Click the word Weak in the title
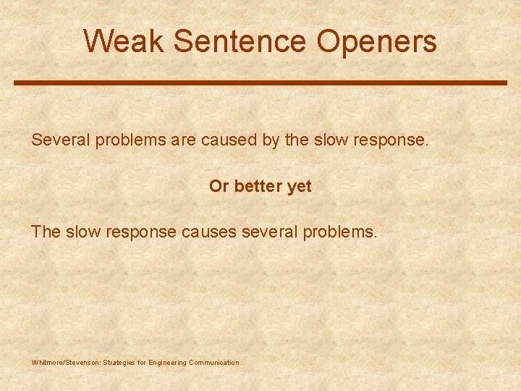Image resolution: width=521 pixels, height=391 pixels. pyautogui.click(x=124, y=41)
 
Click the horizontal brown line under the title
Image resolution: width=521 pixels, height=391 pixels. pyautogui.click(x=260, y=83)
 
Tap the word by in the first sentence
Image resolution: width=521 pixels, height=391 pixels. pyautogui.click(x=271, y=140)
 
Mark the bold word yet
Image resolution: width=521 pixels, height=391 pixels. pyautogui.click(x=300, y=186)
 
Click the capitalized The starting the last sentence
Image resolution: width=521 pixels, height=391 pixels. pyautogui.click(x=46, y=232)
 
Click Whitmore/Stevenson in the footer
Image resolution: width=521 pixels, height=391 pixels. pyautogui.click(x=67, y=362)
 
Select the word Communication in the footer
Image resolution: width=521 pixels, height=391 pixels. pyautogui.click(x=213, y=362)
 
